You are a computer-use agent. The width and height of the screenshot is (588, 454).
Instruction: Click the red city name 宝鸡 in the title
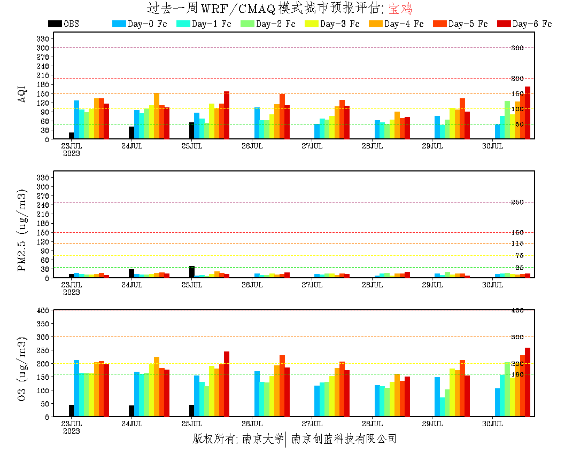(400, 9)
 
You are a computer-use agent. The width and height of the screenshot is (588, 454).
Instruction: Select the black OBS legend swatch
(55, 24)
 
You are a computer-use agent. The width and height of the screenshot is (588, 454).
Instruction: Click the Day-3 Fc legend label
(339, 24)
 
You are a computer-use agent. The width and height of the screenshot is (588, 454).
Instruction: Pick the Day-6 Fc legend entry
(532, 24)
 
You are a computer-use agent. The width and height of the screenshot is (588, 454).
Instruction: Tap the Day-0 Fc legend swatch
(119, 24)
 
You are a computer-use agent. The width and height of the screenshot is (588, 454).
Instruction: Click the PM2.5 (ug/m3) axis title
(22, 230)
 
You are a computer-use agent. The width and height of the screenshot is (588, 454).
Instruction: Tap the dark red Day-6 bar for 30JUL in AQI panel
(528, 113)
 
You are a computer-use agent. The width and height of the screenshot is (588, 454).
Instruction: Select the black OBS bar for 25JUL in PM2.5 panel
(191, 272)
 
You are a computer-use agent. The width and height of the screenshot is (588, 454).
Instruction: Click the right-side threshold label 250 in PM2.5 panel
(517, 202)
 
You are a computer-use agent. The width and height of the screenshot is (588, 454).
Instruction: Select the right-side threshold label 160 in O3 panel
(517, 374)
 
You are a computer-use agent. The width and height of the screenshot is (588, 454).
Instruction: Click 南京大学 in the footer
(262, 439)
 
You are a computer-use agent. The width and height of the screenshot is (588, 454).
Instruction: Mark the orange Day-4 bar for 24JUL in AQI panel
(157, 116)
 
